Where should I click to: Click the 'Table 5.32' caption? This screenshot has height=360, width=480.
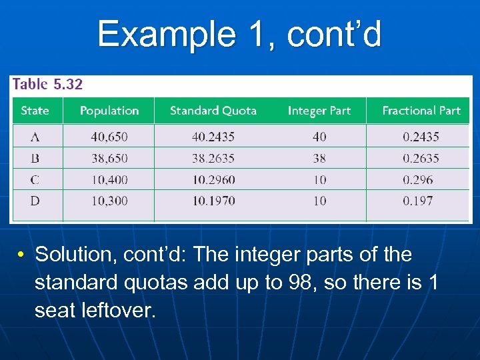pyautogui.click(x=47, y=84)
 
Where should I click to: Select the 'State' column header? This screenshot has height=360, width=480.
pyautogui.click(x=35, y=111)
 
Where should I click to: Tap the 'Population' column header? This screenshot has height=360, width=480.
pyautogui.click(x=109, y=111)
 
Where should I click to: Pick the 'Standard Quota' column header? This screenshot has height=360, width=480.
pyautogui.click(x=213, y=111)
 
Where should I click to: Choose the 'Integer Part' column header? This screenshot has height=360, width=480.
pyautogui.click(x=319, y=111)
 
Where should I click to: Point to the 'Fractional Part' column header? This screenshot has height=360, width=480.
pyautogui.click(x=421, y=111)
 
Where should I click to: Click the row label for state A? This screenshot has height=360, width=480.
pyautogui.click(x=35, y=137)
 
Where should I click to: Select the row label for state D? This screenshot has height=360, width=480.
pyautogui.click(x=35, y=201)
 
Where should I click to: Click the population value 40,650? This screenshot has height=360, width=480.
pyautogui.click(x=109, y=137)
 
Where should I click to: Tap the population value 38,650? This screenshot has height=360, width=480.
pyautogui.click(x=109, y=158)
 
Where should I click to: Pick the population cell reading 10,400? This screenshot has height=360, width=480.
pyautogui.click(x=109, y=179)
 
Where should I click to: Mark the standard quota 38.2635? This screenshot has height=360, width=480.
pyautogui.click(x=213, y=158)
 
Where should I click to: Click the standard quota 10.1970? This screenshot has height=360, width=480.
pyautogui.click(x=213, y=201)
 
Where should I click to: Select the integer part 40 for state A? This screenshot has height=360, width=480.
pyautogui.click(x=319, y=137)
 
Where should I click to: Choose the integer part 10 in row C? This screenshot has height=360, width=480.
pyautogui.click(x=319, y=179)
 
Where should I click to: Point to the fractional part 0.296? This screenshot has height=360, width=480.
pyautogui.click(x=417, y=179)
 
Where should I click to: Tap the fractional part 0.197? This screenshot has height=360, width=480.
pyautogui.click(x=417, y=201)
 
